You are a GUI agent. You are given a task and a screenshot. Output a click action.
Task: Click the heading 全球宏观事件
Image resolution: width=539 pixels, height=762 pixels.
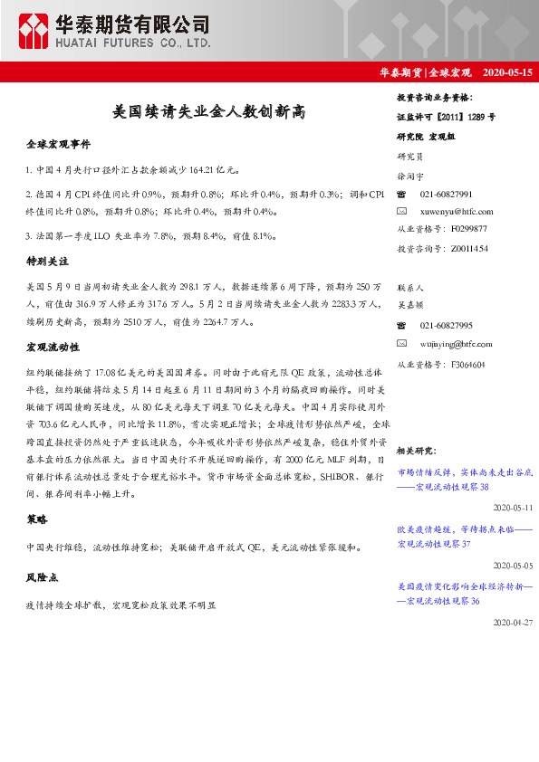point(58,145)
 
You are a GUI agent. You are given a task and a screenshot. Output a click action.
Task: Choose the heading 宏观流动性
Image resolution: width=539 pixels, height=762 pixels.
point(53,347)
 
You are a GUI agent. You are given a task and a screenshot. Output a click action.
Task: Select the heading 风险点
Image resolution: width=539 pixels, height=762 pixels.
point(43,576)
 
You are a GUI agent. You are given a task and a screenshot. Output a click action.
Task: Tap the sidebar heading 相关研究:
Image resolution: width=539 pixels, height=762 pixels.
point(418,450)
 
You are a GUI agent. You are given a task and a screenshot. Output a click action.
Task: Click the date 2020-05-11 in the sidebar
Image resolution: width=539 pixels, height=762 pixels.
point(515,509)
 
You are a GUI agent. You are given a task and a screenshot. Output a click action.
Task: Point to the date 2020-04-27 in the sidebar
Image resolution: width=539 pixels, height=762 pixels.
point(515,624)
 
